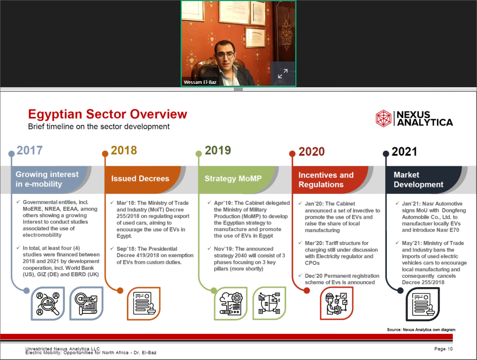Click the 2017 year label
click(29, 150)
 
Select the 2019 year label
click(218, 150)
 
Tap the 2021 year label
click(404, 152)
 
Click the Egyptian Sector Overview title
click(108, 114)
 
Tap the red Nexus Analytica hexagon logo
click(384, 119)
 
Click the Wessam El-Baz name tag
click(200, 82)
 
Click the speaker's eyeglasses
click(225, 56)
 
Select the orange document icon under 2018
click(144, 303)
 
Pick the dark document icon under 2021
click(423, 304)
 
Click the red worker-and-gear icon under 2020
click(337, 303)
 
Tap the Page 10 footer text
click(443, 349)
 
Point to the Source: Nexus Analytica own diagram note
click(421, 330)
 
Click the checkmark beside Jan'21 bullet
click(397, 203)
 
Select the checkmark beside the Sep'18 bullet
click(112, 248)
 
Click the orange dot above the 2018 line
click(105, 154)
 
